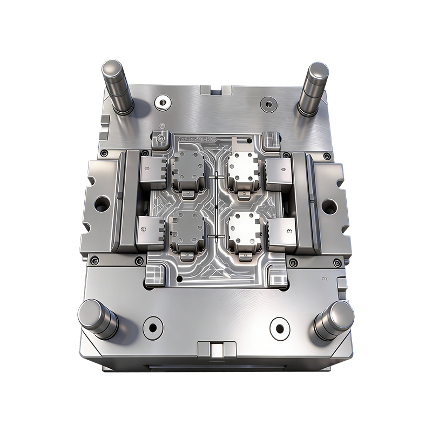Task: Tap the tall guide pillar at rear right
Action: pos(314,86)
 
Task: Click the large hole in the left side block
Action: pos(102,204)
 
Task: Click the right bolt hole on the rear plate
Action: pos(267,103)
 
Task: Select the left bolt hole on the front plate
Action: pos(152,327)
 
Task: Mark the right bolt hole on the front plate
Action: pos(279,328)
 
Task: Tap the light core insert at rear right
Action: pos(244,171)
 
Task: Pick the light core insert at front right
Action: pos(244,231)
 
